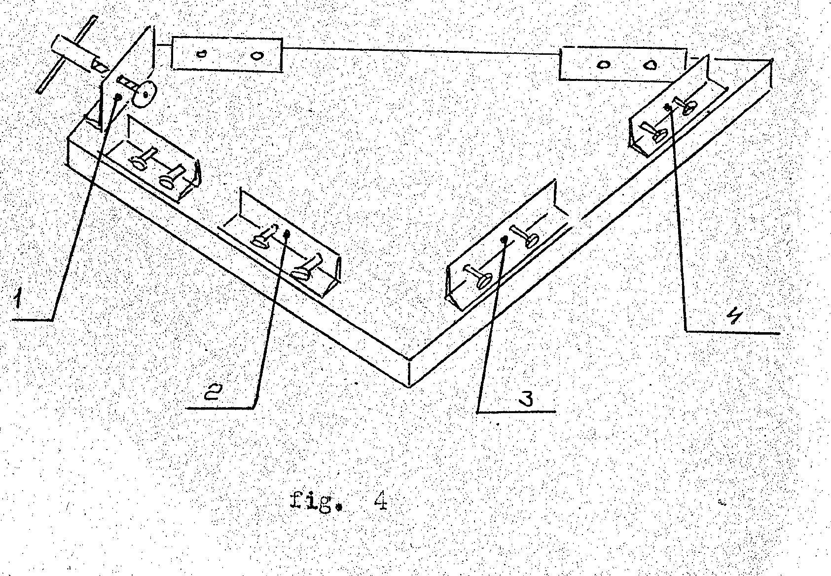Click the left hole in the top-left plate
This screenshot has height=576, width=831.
coord(201,53)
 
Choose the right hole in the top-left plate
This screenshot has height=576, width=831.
coord(255,55)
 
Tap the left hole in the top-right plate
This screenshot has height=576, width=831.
coord(604,64)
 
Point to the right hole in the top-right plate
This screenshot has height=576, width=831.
coord(650,65)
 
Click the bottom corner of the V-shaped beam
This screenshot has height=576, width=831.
coord(409,386)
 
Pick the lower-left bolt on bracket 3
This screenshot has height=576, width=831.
coord(479,276)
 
